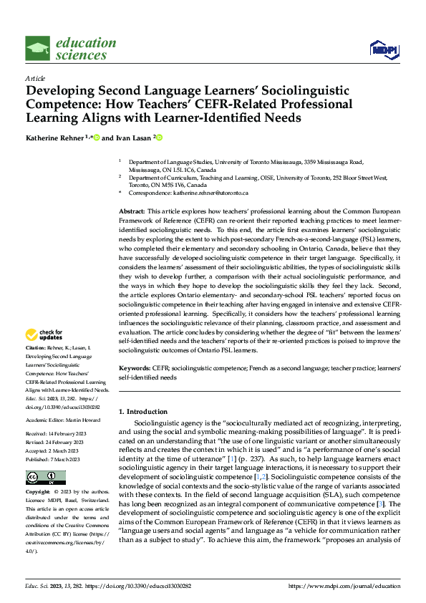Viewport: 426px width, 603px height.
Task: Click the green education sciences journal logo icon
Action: pyautogui.click(x=38, y=47)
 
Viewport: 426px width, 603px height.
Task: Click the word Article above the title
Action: pyautogui.click(x=35, y=78)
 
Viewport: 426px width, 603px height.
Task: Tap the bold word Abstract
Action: pyautogui.click(x=131, y=213)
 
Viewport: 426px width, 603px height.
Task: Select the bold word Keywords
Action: pyautogui.click(x=134, y=367)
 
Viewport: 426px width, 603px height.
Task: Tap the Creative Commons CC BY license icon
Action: pyautogui.click(x=45, y=477)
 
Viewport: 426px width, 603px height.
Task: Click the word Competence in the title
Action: pyautogui.click(x=64, y=103)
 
